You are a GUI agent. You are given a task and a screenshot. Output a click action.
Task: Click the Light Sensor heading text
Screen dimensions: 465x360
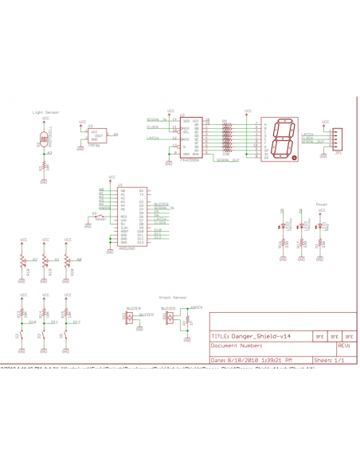(x=45, y=113)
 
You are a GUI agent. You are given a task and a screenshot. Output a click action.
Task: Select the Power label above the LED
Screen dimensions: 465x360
(x=322, y=204)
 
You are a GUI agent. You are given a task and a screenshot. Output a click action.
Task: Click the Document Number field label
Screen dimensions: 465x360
(x=237, y=346)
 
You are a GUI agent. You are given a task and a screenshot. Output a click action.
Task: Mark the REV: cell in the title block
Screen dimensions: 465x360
(x=343, y=346)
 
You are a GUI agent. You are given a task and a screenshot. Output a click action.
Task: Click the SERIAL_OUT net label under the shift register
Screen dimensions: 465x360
(x=229, y=160)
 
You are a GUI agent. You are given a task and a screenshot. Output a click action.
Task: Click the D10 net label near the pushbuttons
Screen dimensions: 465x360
(x=32, y=322)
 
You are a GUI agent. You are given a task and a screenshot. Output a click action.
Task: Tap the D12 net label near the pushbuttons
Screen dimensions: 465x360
(x=76, y=322)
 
